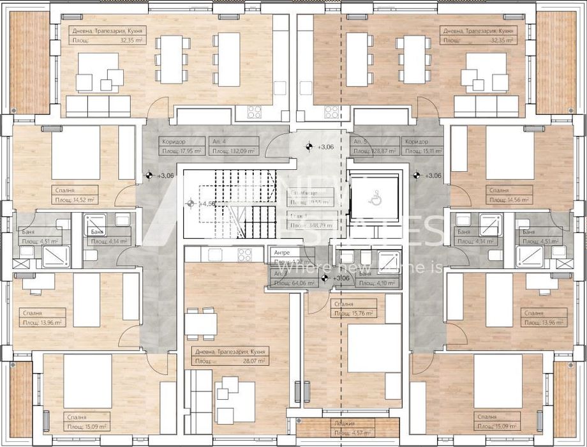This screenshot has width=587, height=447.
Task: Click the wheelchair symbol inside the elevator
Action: click(x=375, y=199)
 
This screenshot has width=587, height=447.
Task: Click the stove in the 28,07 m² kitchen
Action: click(x=245, y=255)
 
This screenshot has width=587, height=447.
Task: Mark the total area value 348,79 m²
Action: click(x=311, y=225)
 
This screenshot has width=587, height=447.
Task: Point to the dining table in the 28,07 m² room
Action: click(x=200, y=322)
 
